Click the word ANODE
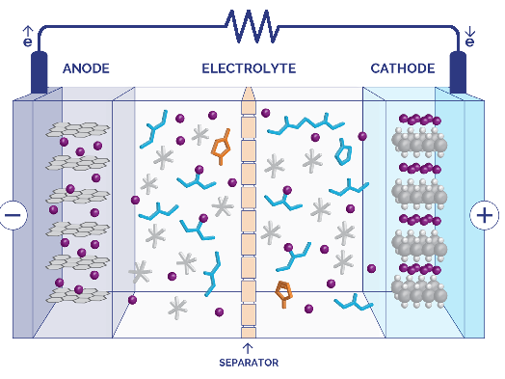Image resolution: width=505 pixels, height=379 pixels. click(86, 68)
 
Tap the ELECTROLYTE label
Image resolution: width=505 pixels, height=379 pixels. click(249, 68)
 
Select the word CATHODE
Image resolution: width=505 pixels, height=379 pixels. click(403, 68)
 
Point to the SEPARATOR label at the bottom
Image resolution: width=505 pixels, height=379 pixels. click(249, 363)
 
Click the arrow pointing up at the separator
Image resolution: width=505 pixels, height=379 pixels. click(248, 348)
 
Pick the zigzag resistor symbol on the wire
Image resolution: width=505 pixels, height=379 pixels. click(252, 26)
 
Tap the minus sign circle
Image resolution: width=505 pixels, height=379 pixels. click(13, 215)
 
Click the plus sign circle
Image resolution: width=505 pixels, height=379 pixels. click(485, 215)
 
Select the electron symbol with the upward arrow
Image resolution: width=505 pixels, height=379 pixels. click(28, 37)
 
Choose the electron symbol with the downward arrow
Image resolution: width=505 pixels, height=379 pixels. click(470, 37)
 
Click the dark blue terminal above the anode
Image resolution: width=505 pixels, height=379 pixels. click(39, 72)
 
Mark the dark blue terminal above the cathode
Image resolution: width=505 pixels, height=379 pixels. click(458, 72)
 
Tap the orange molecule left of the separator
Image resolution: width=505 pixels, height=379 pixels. click(222, 147)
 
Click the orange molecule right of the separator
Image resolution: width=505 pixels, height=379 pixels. click(283, 293)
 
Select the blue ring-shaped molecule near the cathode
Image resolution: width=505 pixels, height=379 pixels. click(343, 152)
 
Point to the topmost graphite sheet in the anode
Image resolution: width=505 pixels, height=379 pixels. click(78, 129)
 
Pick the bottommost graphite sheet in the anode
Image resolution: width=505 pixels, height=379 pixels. click(78, 295)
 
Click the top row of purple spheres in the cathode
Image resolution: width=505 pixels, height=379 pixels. click(420, 120)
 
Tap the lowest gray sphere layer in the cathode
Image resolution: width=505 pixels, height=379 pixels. click(419, 291)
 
